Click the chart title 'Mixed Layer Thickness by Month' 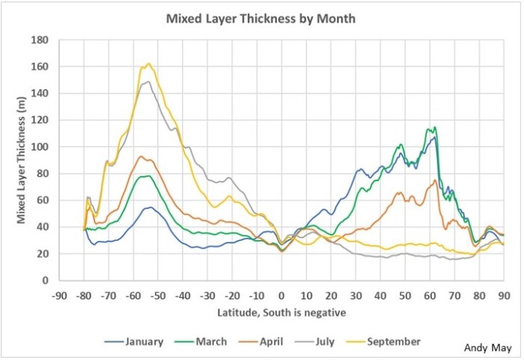(260, 18)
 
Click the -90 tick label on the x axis (61, 294)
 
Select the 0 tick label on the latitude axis (281, 294)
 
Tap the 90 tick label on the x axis (502, 294)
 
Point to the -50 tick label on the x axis (159, 294)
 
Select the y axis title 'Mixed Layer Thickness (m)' (22, 160)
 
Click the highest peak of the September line (148, 64)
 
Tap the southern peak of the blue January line (150, 207)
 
